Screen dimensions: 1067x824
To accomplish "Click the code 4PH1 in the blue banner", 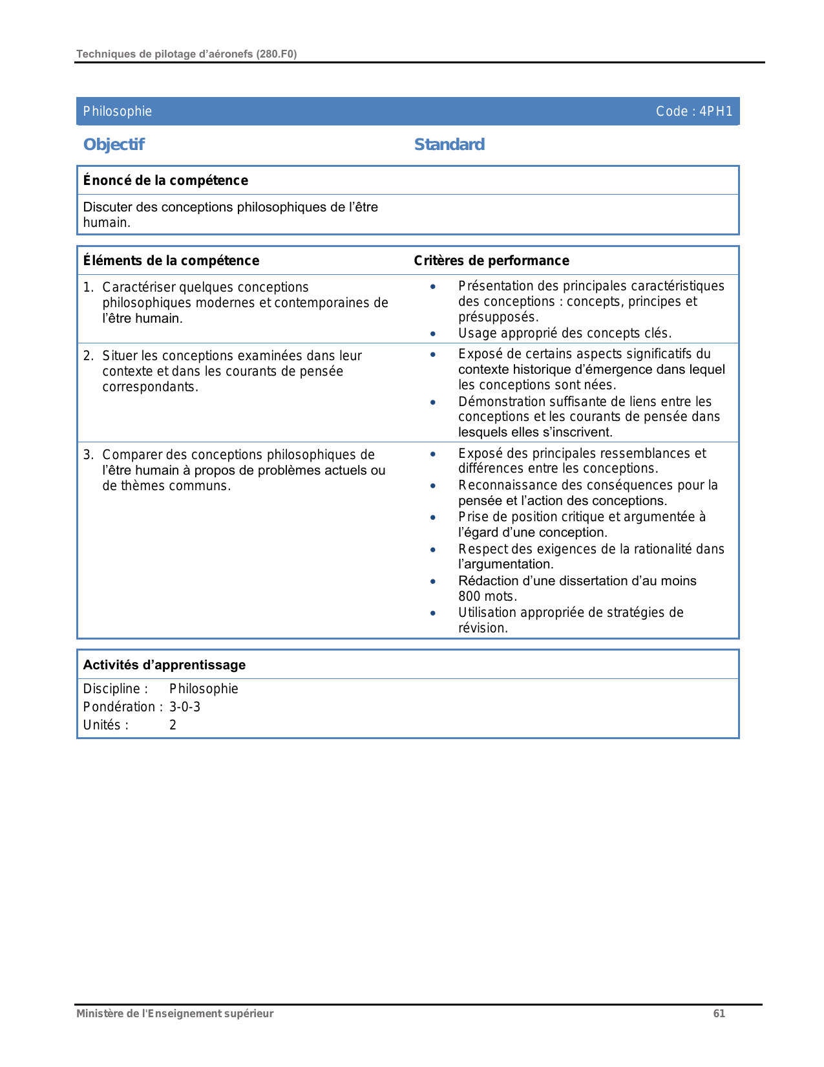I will tap(716, 111).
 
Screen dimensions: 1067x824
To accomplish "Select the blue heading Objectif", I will tap(114, 144).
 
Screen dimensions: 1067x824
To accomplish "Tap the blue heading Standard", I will tap(449, 144).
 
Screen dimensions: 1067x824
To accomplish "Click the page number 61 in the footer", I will tap(719, 1013).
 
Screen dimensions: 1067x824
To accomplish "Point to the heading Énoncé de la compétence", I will tap(165, 180).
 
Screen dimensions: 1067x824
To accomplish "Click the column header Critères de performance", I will tap(491, 261).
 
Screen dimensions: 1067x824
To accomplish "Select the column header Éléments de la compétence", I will tap(171, 261).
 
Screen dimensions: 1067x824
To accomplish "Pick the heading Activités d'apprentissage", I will tap(164, 665).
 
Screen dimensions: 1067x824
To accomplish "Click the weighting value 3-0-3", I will tap(185, 707).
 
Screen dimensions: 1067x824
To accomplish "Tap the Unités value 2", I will tap(173, 725).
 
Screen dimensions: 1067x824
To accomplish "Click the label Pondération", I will tap(120, 707).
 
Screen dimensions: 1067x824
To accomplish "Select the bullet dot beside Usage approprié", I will tap(433, 334).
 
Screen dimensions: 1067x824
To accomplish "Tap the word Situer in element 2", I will tap(120, 356).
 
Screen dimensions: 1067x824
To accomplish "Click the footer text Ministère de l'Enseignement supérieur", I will tap(174, 1013).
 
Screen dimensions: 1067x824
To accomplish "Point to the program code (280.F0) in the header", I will tap(276, 54).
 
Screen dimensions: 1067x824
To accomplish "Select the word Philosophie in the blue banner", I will tap(118, 111).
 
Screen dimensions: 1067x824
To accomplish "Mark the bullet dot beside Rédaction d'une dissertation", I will tap(433, 581).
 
